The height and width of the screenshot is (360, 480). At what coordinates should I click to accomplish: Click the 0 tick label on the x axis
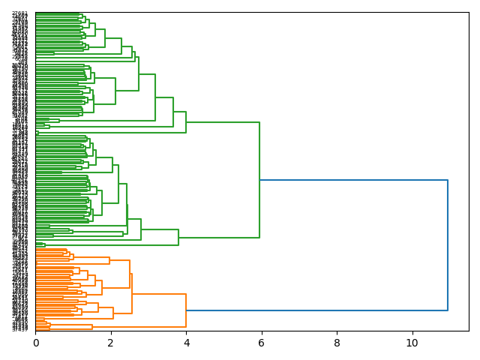[35, 342]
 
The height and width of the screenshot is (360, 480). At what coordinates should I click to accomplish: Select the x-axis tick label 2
[110, 342]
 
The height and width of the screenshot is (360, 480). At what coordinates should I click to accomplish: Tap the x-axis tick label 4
[186, 342]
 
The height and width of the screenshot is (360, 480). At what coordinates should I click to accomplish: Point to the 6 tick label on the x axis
[261, 342]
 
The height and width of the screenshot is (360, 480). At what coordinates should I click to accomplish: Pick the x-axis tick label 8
[337, 342]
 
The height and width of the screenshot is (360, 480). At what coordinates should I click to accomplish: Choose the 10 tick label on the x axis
[412, 342]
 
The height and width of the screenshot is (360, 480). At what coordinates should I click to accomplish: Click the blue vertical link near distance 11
[448, 245]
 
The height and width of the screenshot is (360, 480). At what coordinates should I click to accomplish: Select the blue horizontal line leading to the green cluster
[353, 180]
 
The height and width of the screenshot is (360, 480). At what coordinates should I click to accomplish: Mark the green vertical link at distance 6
[259, 180]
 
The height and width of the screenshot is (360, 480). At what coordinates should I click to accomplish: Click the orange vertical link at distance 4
[186, 310]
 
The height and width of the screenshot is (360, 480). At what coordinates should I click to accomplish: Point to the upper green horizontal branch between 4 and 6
[223, 122]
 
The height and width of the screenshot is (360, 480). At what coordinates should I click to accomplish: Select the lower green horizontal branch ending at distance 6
[219, 238]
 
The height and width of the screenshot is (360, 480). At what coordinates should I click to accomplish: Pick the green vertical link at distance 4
[186, 122]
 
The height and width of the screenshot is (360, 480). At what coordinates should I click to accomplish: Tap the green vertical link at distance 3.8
[178, 238]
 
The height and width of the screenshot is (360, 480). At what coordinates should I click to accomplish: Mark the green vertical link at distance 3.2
[155, 97]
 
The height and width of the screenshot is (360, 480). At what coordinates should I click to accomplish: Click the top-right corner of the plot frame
[469, 12]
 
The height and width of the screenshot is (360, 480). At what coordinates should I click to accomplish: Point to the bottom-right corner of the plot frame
[469, 331]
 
